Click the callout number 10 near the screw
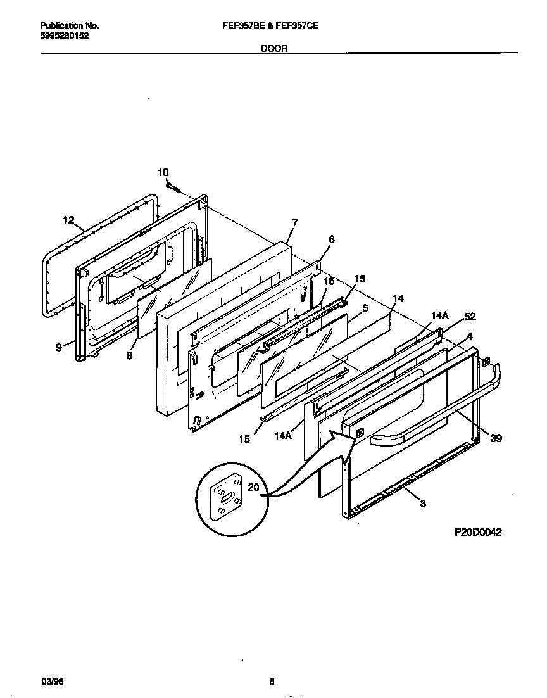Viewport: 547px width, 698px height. tap(163, 172)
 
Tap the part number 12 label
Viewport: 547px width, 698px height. tap(68, 220)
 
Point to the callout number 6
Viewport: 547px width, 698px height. tap(331, 239)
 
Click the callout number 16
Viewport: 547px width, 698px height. tap(329, 281)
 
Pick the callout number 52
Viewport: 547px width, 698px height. tap(470, 317)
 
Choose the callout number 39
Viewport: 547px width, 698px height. tap(496, 438)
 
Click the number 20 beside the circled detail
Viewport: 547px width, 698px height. tap(253, 487)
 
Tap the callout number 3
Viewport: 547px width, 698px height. tap(422, 504)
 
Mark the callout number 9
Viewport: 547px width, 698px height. tap(59, 347)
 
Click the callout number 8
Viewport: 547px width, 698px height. tap(129, 356)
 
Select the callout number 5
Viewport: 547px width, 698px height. tap(365, 308)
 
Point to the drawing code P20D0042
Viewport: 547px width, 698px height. tap(478, 533)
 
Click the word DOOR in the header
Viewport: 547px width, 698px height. tap(274, 48)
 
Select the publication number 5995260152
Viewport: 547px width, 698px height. tap(65, 36)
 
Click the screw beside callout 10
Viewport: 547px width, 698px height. tap(173, 186)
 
